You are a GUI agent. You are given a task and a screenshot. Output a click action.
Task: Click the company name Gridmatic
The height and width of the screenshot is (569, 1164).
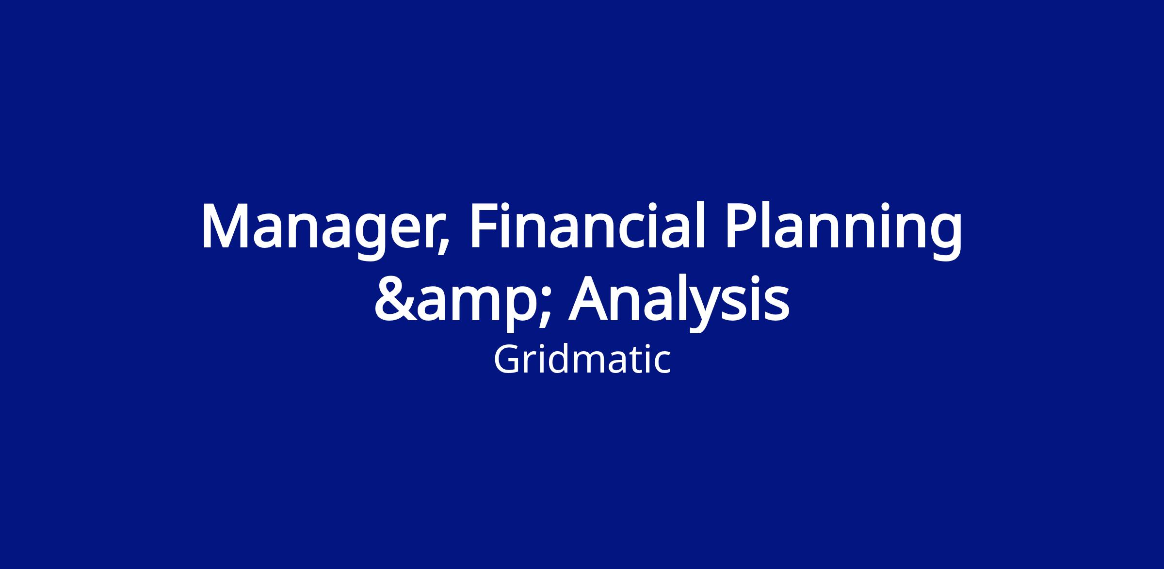[x=582, y=360]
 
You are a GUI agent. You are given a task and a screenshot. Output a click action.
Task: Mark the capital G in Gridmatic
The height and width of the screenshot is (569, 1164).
[x=507, y=360]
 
